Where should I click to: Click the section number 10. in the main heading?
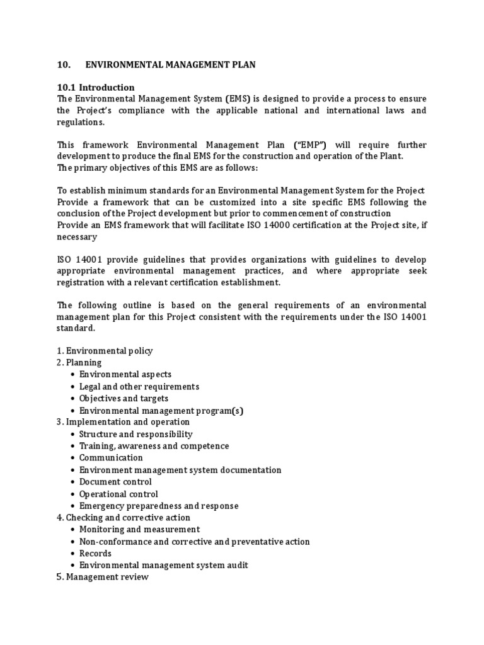63,64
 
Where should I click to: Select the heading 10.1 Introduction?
95,87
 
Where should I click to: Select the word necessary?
77,237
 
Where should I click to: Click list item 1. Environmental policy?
105,351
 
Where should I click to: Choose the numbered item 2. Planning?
79,363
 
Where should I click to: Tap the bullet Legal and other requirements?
139,387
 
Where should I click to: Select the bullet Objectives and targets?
124,399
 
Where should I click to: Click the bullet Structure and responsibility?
135,434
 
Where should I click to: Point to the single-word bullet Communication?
111,458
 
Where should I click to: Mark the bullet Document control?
115,482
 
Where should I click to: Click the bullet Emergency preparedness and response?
159,506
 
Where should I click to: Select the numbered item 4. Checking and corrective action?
123,518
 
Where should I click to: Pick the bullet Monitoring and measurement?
139,530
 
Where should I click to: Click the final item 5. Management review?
103,577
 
